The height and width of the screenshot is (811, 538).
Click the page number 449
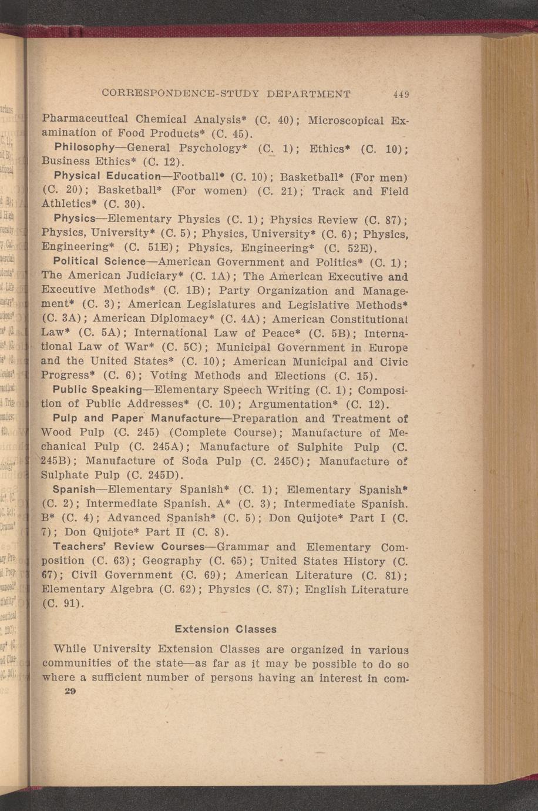click(401, 94)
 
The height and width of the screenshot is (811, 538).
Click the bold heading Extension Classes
click(226, 629)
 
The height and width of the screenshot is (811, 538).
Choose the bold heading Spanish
click(74, 489)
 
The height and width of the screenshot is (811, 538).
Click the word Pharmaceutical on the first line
click(85, 119)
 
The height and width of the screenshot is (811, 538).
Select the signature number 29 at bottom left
click(70, 692)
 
